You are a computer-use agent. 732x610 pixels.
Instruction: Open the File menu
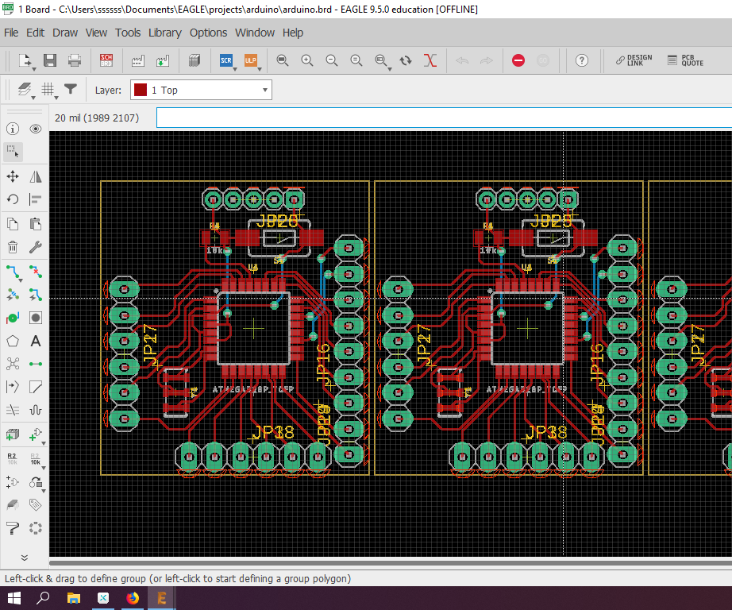[x=11, y=33]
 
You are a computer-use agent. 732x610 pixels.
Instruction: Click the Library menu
[x=164, y=33]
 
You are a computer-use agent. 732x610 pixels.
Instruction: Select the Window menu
[x=255, y=33]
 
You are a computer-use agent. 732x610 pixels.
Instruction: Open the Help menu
[x=293, y=33]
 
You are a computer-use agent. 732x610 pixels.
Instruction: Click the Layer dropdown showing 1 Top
[x=202, y=91]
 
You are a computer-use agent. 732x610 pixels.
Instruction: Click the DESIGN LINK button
[x=634, y=60]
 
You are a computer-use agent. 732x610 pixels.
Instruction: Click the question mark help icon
[x=582, y=60]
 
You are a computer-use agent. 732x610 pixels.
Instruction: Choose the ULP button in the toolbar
[x=251, y=60]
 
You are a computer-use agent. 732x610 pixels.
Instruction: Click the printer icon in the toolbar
[x=75, y=60]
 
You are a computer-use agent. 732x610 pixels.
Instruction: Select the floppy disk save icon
[x=50, y=60]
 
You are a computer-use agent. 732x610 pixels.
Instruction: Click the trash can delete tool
[x=13, y=247]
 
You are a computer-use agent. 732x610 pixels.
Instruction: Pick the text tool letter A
[x=36, y=341]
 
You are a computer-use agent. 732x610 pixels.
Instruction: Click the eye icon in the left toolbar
[x=36, y=129]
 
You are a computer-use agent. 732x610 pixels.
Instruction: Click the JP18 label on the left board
[x=272, y=433]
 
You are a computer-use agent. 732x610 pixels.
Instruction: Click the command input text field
[x=443, y=118]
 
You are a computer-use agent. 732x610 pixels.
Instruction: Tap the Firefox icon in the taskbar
[x=133, y=598]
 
